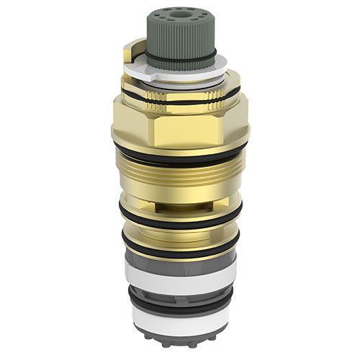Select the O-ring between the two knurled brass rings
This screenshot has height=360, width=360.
[x=180, y=100]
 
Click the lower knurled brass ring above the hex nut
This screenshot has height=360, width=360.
[x=180, y=107]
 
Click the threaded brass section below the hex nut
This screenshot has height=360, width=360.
[x=180, y=176]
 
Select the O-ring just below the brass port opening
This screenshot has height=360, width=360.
[x=180, y=217]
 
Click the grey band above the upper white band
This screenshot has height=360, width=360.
[x=180, y=261]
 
